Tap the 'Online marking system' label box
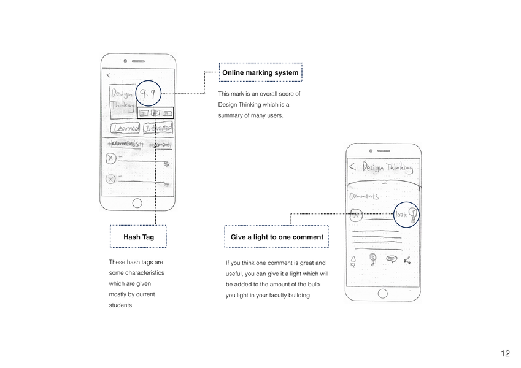point(260,72)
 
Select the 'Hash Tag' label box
point(138,236)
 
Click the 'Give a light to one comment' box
point(276,236)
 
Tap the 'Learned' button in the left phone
point(125,128)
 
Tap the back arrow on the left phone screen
point(108,75)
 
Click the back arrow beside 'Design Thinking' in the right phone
point(352,167)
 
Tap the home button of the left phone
point(137,204)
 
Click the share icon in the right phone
point(407,260)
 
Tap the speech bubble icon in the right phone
point(390,259)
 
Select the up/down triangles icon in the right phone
point(353,261)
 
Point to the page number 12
point(505,353)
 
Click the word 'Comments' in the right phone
point(365,196)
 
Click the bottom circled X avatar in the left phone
point(110,179)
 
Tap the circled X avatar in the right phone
point(357,215)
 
